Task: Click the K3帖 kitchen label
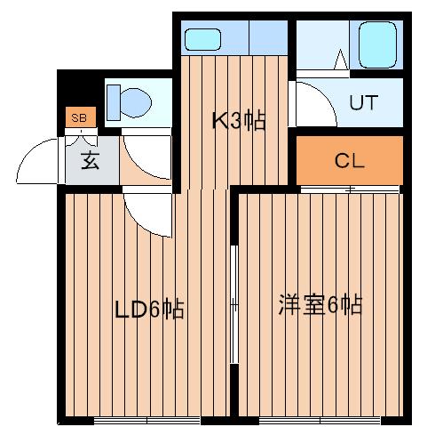(239, 121)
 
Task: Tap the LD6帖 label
(149, 310)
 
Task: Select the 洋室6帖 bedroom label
(320, 304)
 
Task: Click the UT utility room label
(364, 102)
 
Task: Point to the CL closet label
(349, 161)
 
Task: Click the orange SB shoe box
(81, 117)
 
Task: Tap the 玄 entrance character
(90, 160)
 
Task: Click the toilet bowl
(136, 103)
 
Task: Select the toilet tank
(114, 102)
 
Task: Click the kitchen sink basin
(202, 39)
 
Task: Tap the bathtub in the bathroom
(377, 44)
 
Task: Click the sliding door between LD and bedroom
(234, 304)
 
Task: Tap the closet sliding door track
(350, 189)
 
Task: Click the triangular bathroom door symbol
(341, 60)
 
